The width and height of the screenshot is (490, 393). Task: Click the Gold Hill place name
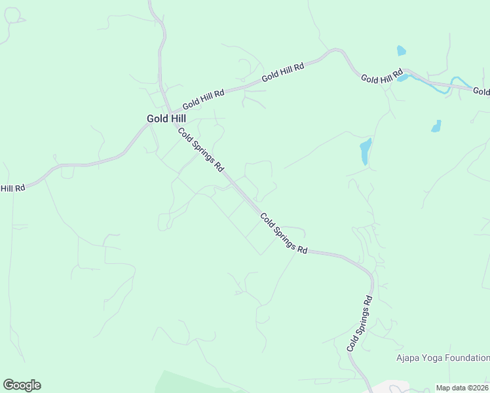[x=166, y=119]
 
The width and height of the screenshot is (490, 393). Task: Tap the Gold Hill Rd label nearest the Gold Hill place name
[x=203, y=99]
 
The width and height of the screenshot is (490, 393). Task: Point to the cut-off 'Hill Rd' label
[x=12, y=188]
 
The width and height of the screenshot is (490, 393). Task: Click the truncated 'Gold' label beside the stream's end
[x=481, y=92]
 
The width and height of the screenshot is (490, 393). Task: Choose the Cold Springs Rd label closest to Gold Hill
[x=200, y=149]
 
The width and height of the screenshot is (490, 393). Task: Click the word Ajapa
[x=409, y=358]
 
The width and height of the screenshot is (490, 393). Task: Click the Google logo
[x=22, y=385]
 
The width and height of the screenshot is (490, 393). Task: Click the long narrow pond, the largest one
[x=366, y=151]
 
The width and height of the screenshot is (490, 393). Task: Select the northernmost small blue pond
[x=401, y=50]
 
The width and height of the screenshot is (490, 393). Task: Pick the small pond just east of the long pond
[x=436, y=126]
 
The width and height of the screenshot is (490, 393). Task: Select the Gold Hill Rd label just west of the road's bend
[x=283, y=71]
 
